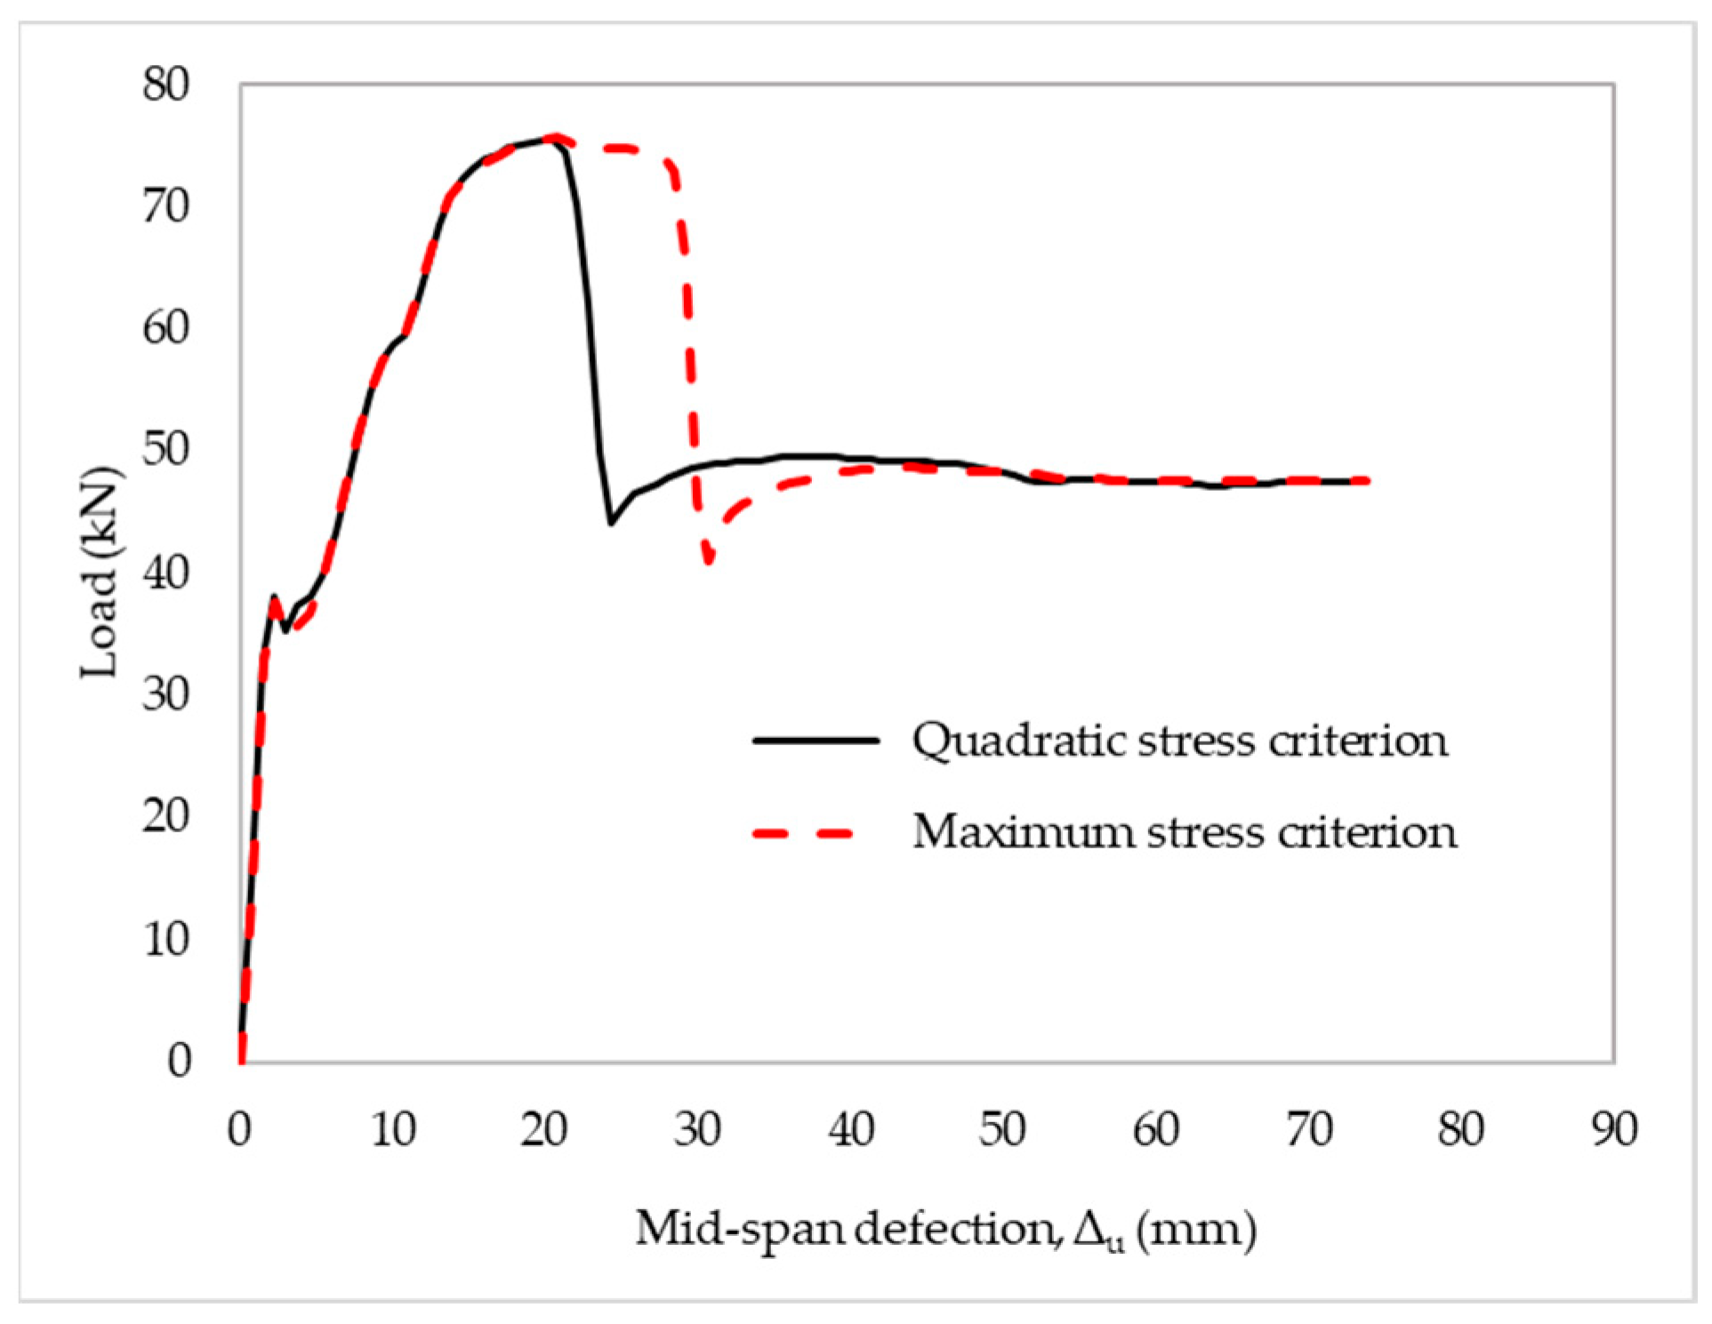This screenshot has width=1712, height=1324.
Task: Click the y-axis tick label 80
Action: pyautogui.click(x=165, y=86)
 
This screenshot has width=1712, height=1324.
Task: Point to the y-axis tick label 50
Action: pyautogui.click(x=165, y=450)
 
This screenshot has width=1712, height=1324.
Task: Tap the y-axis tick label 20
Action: pyautogui.click(x=165, y=816)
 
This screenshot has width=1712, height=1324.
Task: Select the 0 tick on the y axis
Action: pyautogui.click(x=179, y=1061)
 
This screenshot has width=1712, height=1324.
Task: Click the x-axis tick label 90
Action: pyautogui.click(x=1613, y=1130)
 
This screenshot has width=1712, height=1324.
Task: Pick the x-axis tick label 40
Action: pyautogui.click(x=850, y=1130)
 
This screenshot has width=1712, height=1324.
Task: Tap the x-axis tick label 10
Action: pyautogui.click(x=392, y=1130)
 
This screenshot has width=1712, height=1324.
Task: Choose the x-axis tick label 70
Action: pyautogui.click(x=1308, y=1130)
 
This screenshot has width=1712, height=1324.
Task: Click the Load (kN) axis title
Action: pyautogui.click(x=100, y=572)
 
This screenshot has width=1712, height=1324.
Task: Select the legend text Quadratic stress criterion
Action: pyautogui.click(x=1179, y=741)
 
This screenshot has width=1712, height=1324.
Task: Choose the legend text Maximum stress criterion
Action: pyautogui.click(x=1184, y=833)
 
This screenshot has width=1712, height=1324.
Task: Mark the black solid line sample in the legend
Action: pyautogui.click(x=816, y=740)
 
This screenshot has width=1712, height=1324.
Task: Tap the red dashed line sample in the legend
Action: pyautogui.click(x=804, y=834)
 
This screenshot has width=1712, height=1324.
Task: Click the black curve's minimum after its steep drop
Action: pyautogui.click(x=611, y=524)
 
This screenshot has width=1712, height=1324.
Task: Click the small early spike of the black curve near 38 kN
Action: pyautogui.click(x=274, y=597)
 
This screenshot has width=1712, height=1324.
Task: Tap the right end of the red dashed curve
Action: pyautogui.click(x=1367, y=481)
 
